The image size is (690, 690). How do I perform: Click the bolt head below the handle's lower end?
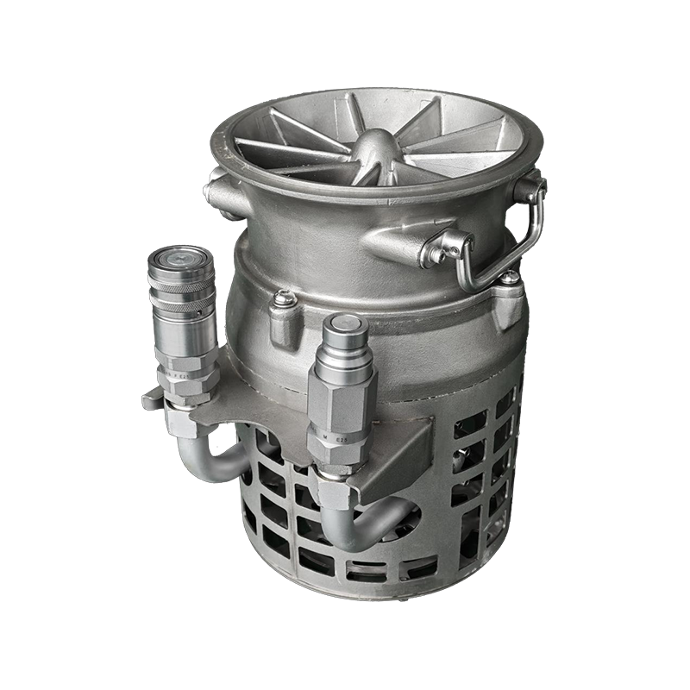pos(510,279)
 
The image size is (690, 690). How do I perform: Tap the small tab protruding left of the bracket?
pos(152,398)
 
